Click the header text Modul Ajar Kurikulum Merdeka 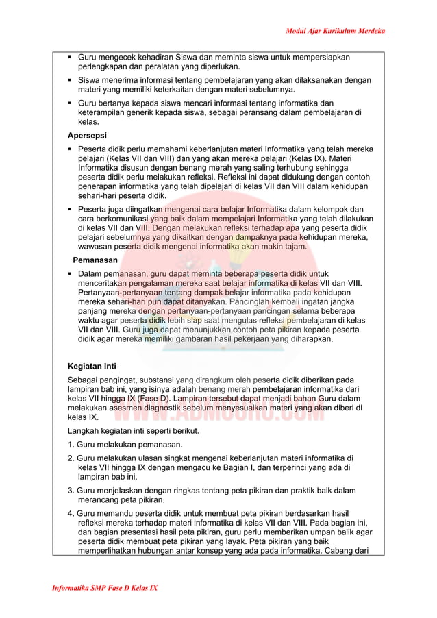(x=335, y=32)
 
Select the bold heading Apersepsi (x=87, y=135)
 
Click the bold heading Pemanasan (x=96, y=260)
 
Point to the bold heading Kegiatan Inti (x=92, y=366)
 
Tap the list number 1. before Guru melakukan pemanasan (x=71, y=445)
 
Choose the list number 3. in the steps (x=71, y=491)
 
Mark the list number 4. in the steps (x=71, y=513)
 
